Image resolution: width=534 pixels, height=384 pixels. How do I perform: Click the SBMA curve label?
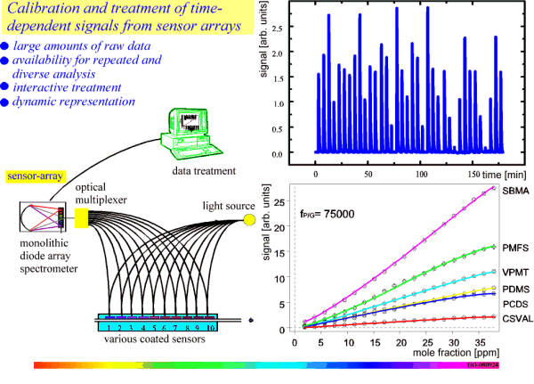tap(511, 192)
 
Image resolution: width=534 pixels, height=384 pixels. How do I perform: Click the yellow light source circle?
tap(249, 219)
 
